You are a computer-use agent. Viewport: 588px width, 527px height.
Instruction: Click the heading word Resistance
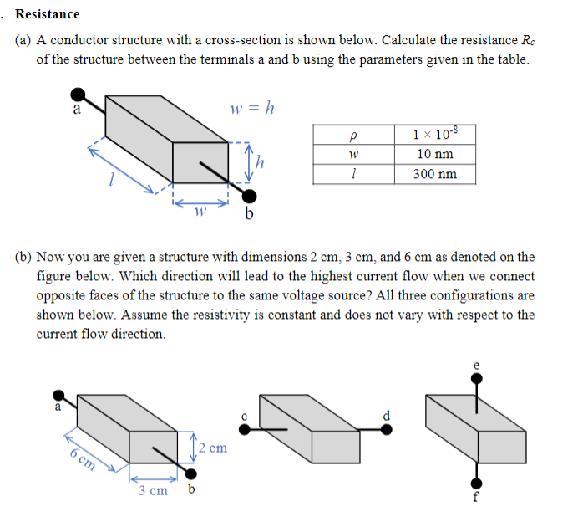click(48, 14)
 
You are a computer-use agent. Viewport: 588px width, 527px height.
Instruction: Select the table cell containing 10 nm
click(434, 154)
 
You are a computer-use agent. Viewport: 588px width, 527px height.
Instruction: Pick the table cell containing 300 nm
click(434, 174)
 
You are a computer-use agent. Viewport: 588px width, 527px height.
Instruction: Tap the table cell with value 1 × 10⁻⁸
click(434, 134)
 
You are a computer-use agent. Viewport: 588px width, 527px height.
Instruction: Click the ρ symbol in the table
click(355, 134)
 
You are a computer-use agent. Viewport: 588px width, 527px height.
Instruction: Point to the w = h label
click(251, 108)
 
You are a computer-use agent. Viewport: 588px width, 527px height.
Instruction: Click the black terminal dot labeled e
click(476, 379)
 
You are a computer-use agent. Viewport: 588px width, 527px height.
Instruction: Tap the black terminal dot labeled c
click(245, 428)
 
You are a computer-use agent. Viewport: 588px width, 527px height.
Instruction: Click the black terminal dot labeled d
click(386, 428)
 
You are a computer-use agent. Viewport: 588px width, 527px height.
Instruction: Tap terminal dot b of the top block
click(250, 196)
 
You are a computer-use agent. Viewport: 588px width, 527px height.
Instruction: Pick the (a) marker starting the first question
click(24, 41)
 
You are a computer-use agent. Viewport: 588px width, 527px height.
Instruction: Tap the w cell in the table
click(355, 154)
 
